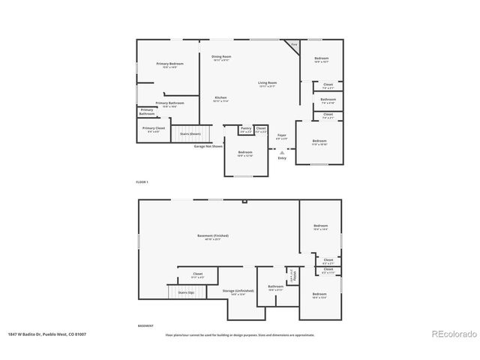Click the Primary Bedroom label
click(x=169, y=65)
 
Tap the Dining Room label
click(x=221, y=58)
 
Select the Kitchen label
click(x=220, y=98)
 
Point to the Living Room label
click(x=268, y=84)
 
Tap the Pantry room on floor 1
click(x=246, y=130)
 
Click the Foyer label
click(x=281, y=136)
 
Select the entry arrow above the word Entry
click(x=282, y=151)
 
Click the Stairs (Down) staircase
click(x=190, y=134)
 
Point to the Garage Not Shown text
click(x=208, y=146)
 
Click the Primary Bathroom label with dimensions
click(x=169, y=104)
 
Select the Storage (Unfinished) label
click(x=237, y=292)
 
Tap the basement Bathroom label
click(x=275, y=287)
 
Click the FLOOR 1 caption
click(x=142, y=182)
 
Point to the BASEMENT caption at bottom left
click(x=145, y=325)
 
